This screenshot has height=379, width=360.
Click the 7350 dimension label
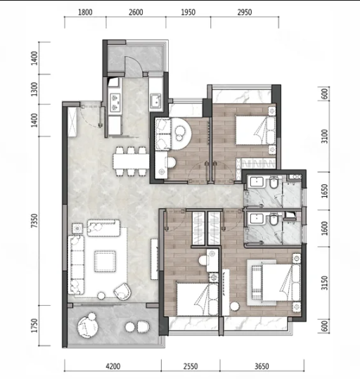click(35, 221)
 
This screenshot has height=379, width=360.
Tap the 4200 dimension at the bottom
click(113, 366)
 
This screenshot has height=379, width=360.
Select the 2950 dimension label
click(245, 12)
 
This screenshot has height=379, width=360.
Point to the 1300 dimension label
click(35, 89)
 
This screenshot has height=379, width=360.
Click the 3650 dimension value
click(262, 366)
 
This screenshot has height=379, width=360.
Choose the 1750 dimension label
click(35, 326)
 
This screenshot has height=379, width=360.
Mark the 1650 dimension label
click(325, 191)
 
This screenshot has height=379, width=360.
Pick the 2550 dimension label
click(191, 366)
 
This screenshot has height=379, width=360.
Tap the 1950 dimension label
click(188, 12)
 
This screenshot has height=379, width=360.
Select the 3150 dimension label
click(325, 283)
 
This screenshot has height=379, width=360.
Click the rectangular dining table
click(131, 161)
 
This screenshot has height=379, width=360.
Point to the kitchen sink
click(156, 101)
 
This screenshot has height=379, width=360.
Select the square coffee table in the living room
click(105, 262)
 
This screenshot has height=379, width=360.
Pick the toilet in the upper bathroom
click(274, 183)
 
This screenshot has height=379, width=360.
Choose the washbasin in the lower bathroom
click(256, 219)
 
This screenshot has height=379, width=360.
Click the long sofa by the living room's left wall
click(76, 265)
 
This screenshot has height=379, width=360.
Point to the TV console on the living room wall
click(155, 259)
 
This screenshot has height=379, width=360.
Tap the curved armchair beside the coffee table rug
click(123, 291)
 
